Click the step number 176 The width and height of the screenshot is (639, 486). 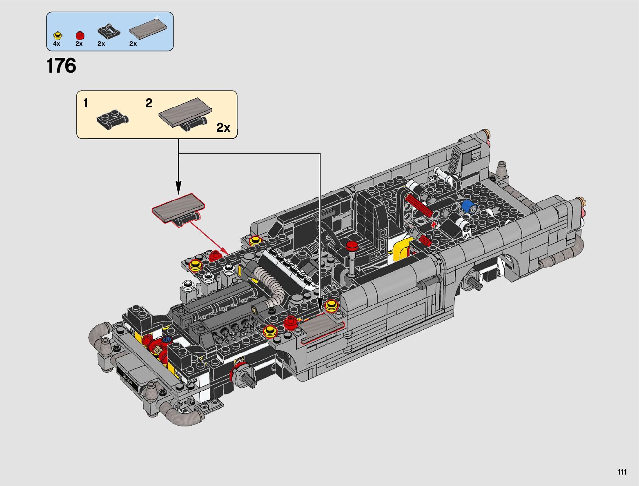pyautogui.click(x=61, y=66)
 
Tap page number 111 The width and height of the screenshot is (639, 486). pyautogui.click(x=622, y=471)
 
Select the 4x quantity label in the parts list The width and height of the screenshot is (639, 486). pyautogui.click(x=56, y=44)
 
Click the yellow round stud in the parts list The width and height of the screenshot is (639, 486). pyautogui.click(x=57, y=35)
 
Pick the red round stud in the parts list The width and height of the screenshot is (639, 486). pyautogui.click(x=80, y=35)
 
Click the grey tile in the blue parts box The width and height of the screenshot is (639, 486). pyautogui.click(x=148, y=29)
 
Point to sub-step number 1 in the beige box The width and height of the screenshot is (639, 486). pyautogui.click(x=86, y=103)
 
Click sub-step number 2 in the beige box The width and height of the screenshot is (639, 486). pyautogui.click(x=149, y=103)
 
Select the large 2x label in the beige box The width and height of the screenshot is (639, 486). pyautogui.click(x=223, y=127)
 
